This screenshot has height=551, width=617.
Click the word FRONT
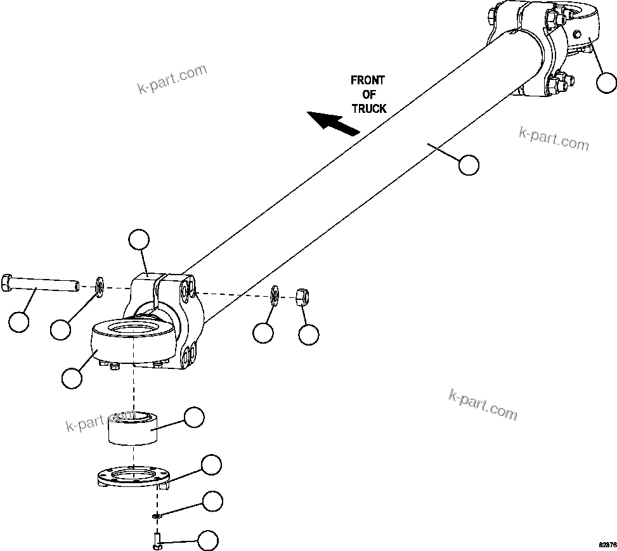pos(368,81)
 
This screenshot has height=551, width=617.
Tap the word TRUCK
pos(369,108)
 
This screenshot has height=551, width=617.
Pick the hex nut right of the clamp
pos(302,296)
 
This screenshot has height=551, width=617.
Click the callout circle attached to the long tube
pos(469,165)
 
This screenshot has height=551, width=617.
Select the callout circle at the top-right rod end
pos(607,82)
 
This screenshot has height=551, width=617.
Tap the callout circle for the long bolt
pos(19,321)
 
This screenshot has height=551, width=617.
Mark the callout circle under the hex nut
pos(309,335)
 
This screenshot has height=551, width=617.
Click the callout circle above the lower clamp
pos(138,240)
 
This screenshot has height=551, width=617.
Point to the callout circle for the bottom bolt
pos(207,541)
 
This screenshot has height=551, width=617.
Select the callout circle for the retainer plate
pos(211,464)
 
